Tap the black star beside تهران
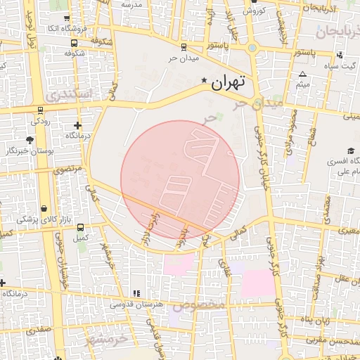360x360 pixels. point(205,81)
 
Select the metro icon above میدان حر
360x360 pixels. point(184,48)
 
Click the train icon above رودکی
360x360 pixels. point(40,110)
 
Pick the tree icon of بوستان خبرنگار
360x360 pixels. point(29,141)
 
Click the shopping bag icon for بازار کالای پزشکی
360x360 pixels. point(45,209)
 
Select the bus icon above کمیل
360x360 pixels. point(80,228)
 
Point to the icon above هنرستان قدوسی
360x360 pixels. point(136,292)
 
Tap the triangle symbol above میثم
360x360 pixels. point(302,75)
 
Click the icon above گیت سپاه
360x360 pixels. point(340,55)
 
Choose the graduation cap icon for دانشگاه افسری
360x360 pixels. point(350,151)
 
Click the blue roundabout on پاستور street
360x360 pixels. point(252,48)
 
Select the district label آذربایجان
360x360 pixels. point(337,32)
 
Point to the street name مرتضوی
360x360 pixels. point(68,169)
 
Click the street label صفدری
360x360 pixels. point(39,328)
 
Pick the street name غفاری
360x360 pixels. point(225,266)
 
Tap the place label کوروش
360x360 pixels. point(252,11)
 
